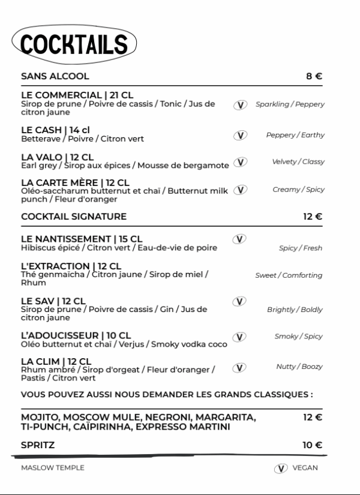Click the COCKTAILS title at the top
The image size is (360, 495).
pos(73,44)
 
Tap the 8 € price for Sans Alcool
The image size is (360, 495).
pos(314,76)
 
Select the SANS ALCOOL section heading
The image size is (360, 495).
pos(55,76)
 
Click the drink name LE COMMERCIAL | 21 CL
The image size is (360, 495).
pos(77,95)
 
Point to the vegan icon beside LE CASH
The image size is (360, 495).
pos(240,135)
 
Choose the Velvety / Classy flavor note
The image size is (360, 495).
pos(298,162)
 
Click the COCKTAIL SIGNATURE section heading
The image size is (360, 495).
pos(74,216)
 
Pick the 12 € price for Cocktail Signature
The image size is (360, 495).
pos(313,216)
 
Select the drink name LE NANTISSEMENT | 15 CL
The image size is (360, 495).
pos(82,239)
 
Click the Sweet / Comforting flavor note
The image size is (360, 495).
pos(289,275)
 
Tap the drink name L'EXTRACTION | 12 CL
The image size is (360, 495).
pos(71,266)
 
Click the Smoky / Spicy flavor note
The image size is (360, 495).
pos(298,337)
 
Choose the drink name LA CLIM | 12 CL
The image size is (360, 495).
pos(56,361)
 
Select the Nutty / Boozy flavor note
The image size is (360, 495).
pos(299,366)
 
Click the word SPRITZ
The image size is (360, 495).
pos(38,445)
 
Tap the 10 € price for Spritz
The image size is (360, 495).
pos(313,445)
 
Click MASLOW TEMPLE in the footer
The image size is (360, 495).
pos(53,468)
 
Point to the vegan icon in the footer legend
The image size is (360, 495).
pos(280,468)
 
